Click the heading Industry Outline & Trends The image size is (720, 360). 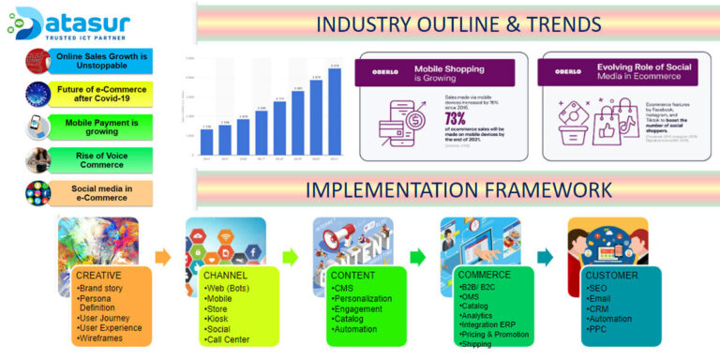(457, 22)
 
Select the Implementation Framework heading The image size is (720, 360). (457, 189)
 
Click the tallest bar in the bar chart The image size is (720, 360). (337, 112)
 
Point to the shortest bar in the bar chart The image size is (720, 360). (206, 142)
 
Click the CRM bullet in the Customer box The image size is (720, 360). (598, 307)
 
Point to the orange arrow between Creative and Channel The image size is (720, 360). (163, 256)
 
